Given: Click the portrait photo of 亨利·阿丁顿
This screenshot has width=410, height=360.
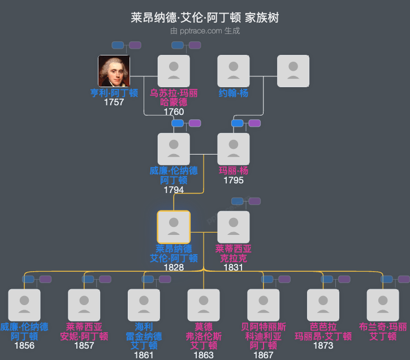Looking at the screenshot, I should (114, 71).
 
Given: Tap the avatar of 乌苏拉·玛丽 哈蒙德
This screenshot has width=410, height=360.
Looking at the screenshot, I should (174, 71).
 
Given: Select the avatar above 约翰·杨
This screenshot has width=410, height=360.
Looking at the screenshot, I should (234, 71).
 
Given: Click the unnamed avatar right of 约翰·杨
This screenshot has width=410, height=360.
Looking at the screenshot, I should (293, 71).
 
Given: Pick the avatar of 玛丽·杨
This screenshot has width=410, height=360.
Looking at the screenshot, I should (234, 149).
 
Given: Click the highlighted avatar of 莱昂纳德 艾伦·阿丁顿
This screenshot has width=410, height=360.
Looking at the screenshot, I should (174, 227).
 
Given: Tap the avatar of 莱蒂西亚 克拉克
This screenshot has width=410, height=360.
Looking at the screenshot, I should (234, 227).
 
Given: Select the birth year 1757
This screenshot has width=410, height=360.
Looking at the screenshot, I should (114, 102).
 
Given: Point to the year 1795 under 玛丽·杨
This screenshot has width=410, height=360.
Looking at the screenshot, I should (234, 181).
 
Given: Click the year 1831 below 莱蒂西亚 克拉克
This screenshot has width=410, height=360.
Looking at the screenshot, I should (234, 267).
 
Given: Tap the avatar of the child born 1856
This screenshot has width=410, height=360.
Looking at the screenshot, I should (24, 305).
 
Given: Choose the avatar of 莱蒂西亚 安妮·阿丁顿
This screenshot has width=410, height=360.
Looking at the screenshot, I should (84, 305).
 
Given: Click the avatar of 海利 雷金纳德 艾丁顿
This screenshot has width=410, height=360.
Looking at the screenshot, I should (144, 305).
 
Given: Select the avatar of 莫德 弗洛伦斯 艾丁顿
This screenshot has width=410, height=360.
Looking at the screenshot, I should (204, 305).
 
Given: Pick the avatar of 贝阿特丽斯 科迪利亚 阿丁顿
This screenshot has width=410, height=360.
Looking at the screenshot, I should (264, 305).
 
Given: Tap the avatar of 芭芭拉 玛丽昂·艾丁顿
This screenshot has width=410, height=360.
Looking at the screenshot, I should (323, 305).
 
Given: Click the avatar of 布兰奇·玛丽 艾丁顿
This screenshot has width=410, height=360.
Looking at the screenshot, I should (383, 305).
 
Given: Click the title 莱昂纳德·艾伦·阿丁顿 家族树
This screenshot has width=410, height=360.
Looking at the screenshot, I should (205, 18).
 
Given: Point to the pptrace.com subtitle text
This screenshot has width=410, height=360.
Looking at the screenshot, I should (205, 31).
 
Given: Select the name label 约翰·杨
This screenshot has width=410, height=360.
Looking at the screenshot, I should (234, 93).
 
